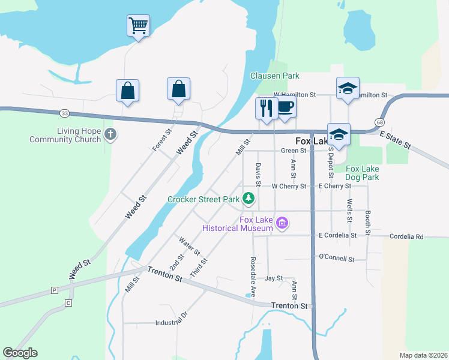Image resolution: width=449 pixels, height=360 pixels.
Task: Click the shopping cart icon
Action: tap(138, 26)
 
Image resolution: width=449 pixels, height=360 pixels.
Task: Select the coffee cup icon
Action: tap(285, 107)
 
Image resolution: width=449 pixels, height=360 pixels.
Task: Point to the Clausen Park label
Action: tap(274, 76)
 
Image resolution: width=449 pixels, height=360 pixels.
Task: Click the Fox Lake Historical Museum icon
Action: tap(283, 224)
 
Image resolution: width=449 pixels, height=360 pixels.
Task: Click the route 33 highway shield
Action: tap(64, 112)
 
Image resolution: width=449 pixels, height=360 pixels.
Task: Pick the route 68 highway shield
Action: tap(379, 122)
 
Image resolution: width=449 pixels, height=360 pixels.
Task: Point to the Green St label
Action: tap(294, 151)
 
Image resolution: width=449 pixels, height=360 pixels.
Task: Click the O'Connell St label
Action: tap(337, 257)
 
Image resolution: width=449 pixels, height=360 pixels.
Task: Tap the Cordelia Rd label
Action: tap(406, 236)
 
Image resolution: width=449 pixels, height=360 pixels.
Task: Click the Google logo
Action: tap(20, 353)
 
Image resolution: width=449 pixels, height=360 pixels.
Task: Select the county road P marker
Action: tap(54, 290)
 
